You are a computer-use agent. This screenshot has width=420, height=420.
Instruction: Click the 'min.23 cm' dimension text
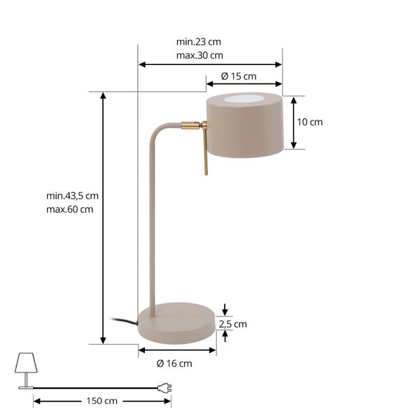pyautogui.click(x=199, y=42)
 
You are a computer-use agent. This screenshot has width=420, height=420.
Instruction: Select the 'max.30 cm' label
pyautogui.click(x=199, y=55)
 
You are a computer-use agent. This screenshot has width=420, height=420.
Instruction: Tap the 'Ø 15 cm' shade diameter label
pyautogui.click(x=239, y=76)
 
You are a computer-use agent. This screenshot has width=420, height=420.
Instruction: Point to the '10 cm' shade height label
pyautogui.click(x=310, y=122)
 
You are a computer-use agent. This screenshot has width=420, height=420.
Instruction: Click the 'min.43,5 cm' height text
pyautogui.click(x=72, y=196)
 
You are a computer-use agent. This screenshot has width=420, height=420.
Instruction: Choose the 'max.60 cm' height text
pyautogui.click(x=69, y=209)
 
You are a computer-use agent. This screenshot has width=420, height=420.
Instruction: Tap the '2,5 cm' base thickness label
pyautogui.click(x=233, y=324)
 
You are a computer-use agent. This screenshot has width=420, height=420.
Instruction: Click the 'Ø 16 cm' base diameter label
pyautogui.click(x=174, y=363)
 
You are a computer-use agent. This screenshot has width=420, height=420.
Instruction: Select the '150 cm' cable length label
pyautogui.click(x=101, y=400)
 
